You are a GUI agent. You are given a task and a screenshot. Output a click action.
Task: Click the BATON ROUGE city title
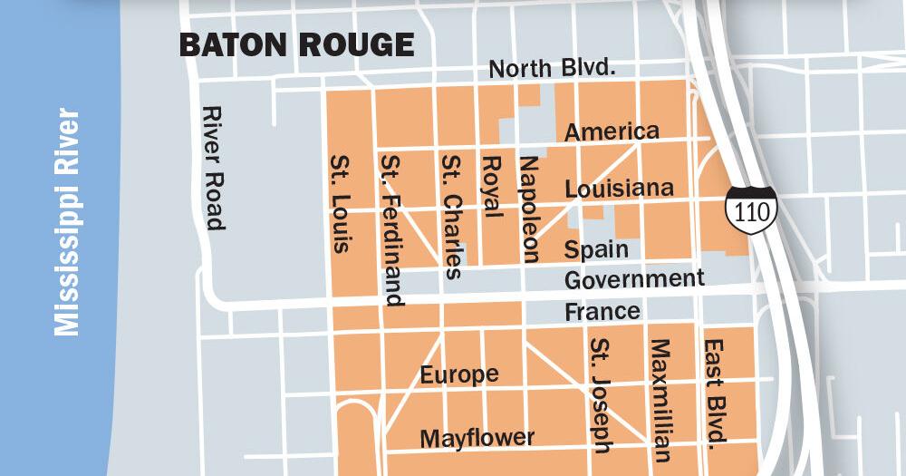pyautogui.click(x=296, y=44)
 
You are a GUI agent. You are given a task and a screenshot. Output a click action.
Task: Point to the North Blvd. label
pyautogui.click(x=552, y=69)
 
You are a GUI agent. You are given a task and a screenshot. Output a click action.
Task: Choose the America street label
pyautogui.click(x=612, y=131)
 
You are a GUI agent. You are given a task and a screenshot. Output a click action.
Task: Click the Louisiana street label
pyautogui.click(x=619, y=189)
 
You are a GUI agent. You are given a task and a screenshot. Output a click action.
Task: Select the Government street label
pyautogui.click(x=634, y=277)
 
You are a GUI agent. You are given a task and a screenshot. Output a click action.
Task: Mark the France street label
pyautogui.click(x=602, y=312)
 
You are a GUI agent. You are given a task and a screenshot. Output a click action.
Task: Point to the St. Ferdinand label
pyautogui.click(x=392, y=230)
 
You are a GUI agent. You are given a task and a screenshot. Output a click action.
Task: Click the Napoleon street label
pyautogui.click(x=528, y=208)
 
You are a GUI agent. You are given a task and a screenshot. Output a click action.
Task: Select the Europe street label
pyautogui.click(x=459, y=374)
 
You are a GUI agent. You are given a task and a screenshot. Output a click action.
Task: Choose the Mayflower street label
pyautogui.click(x=477, y=438)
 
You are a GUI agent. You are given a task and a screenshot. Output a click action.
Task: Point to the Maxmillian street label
pyautogui.click(x=660, y=401)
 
